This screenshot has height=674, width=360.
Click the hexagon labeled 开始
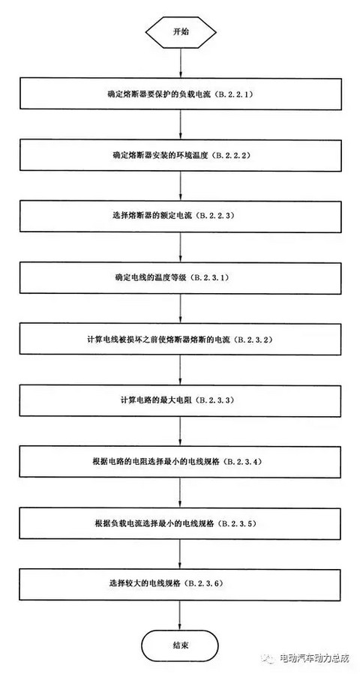click(180, 32)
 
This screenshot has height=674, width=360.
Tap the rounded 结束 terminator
click(180, 646)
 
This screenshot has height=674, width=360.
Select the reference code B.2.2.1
click(232, 94)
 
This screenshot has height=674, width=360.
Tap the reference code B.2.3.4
click(242, 462)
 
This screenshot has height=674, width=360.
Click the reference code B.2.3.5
click(242, 523)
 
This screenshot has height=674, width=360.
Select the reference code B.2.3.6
click(207, 584)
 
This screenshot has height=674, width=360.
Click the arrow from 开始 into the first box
click(180, 62)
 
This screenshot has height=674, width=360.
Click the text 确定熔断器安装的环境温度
click(160, 155)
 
